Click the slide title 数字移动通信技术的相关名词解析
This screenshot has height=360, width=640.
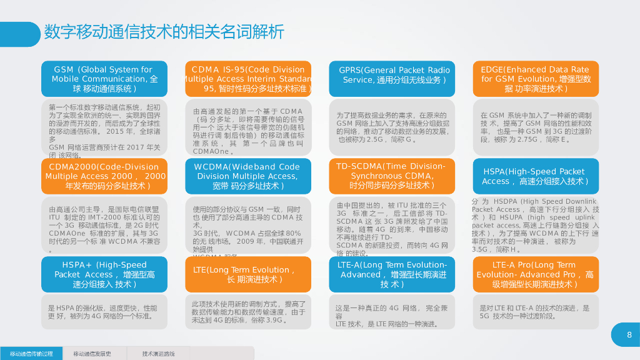tap(164, 31)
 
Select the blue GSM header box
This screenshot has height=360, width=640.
tap(104, 79)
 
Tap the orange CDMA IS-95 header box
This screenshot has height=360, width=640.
tap(248, 79)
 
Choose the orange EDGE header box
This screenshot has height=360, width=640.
tap(536, 79)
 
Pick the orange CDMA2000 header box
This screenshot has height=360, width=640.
tap(104, 176)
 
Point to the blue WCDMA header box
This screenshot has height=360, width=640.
tap(248, 176)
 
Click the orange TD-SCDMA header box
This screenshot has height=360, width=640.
tap(392, 176)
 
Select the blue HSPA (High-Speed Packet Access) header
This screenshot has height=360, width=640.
tap(536, 176)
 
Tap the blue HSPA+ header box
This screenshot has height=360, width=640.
tap(104, 274)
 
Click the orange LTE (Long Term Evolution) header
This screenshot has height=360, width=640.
tap(248, 274)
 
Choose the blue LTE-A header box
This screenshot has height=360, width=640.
tap(392, 274)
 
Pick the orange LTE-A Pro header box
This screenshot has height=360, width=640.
tap(536, 274)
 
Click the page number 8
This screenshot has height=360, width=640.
tap(629, 335)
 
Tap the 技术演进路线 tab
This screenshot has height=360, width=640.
tap(158, 354)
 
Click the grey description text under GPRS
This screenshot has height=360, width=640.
tap(392, 127)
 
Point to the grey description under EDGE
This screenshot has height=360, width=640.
tap(536, 127)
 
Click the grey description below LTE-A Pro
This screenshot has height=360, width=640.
tap(536, 312)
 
